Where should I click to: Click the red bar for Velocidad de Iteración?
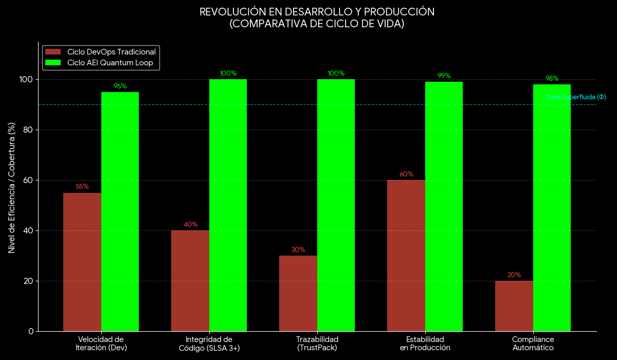pos(82,262)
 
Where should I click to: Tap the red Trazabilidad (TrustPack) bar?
pos(298,293)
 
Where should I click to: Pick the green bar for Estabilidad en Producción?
pos(444,206)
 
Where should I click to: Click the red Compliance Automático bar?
pos(514,306)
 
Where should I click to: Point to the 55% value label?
pos(82,187)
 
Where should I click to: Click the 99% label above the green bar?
pos(444,76)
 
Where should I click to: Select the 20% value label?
pos(514,275)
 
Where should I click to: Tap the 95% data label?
pos(120,86)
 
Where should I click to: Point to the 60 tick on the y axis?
pos(27,180)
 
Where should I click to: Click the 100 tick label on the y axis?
pos(25,79)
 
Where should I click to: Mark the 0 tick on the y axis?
pos(30,331)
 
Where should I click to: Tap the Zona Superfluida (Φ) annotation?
pos(576,97)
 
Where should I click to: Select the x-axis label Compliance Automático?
pos(533,344)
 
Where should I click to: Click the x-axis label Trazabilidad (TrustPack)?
pos(317,344)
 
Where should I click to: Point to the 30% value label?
pos(298,249)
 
